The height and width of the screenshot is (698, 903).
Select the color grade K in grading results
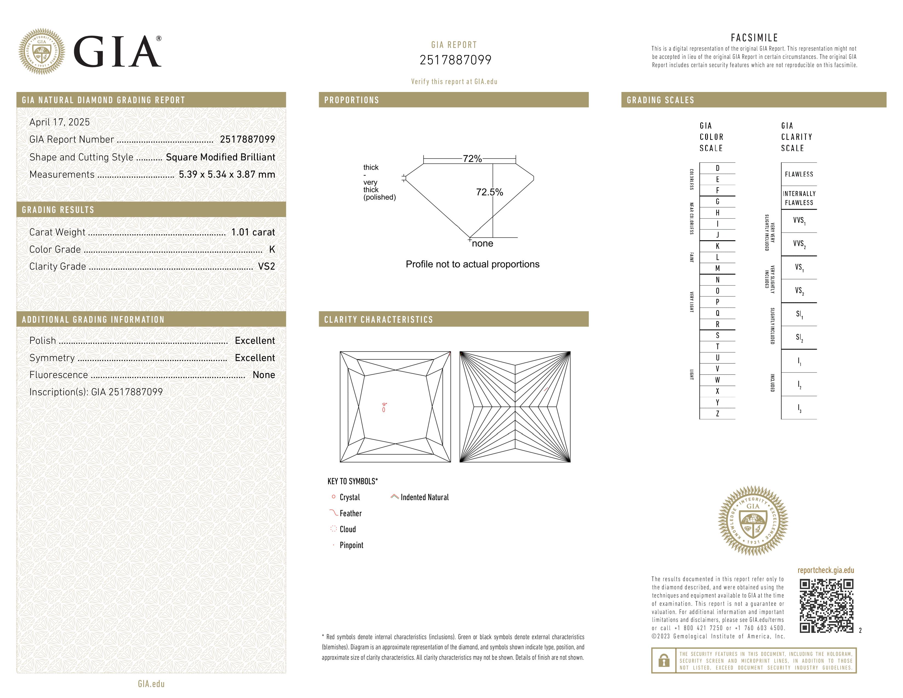[x=272, y=249]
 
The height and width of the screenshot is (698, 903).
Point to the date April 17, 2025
[x=60, y=122]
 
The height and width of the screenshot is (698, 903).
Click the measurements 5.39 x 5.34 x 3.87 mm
[x=227, y=175]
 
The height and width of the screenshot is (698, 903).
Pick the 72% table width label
[x=472, y=158]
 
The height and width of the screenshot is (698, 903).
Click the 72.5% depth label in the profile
[x=489, y=192]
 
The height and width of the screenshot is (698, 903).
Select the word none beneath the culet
[x=482, y=244]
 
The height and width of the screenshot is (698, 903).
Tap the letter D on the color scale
[x=717, y=168]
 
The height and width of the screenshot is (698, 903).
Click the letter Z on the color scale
[x=717, y=414]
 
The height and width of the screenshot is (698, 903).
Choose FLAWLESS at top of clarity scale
[x=799, y=174]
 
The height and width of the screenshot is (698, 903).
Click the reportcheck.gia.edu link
[x=826, y=570]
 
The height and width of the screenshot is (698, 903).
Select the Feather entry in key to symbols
[x=350, y=513]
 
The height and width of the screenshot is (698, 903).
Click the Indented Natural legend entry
[x=424, y=497]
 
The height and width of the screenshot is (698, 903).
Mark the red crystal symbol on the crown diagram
[x=384, y=409]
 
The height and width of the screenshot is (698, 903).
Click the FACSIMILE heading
[x=754, y=38]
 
